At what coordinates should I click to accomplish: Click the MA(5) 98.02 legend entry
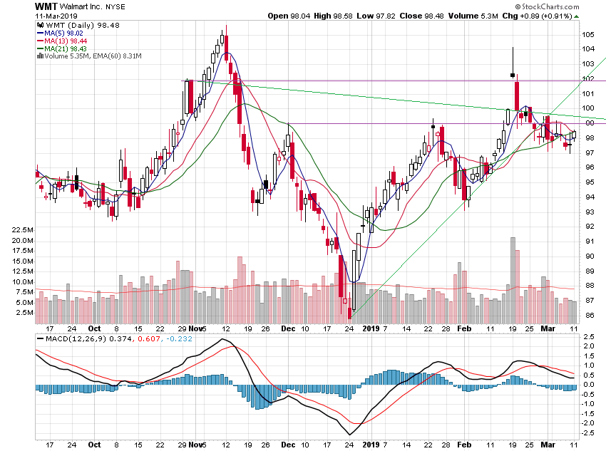[x=65, y=32]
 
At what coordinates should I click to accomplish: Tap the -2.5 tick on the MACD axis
[x=589, y=432]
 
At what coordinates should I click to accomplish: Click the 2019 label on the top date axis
[x=370, y=329]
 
